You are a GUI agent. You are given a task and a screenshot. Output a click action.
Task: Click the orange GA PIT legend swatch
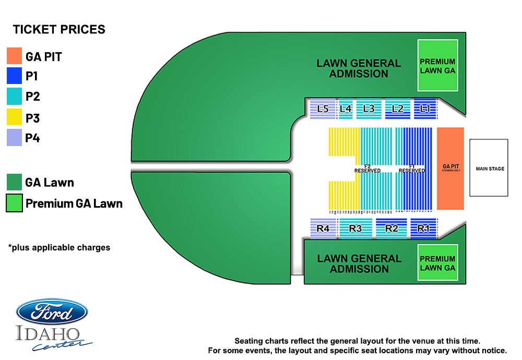coord(14,56)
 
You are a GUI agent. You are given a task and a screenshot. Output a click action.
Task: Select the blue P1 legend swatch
coord(14,76)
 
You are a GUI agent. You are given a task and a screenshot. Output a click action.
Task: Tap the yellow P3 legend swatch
coord(14,117)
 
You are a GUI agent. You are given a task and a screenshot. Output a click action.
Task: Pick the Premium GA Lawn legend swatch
coord(14,203)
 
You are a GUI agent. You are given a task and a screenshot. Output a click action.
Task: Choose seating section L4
coord(346,109)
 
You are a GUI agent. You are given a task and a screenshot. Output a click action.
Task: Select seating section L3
coord(369,109)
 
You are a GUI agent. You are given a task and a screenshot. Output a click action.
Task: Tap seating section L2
coord(397,109)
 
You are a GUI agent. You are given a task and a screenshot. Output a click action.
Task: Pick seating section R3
coord(355,228)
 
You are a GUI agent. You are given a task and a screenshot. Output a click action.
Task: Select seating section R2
coord(391,228)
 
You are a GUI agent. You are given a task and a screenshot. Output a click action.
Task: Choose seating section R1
coord(423,228)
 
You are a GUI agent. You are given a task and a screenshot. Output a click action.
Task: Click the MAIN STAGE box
coord(489,167)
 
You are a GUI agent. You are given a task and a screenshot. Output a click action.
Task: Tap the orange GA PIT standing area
coord(450,168)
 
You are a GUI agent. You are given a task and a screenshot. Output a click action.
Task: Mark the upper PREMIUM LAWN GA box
coord(437,66)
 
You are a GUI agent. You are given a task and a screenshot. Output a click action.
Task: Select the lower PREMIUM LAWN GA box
coord(437,263)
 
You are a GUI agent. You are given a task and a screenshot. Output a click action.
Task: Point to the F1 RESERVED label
coord(412,169)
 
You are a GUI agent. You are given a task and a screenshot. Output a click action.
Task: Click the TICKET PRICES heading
coord(59,30)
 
